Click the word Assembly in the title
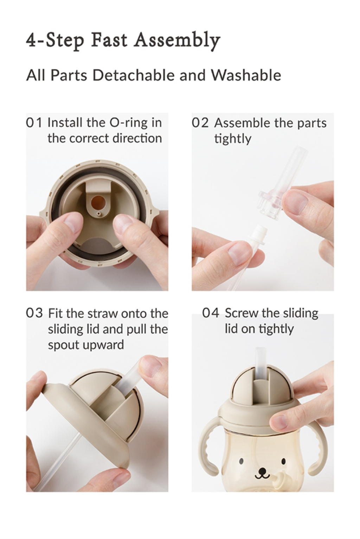tap(178, 41)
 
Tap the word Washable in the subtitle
tap(246, 75)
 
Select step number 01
tap(34, 123)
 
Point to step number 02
tap(200, 123)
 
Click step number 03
tap(34, 313)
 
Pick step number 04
tap(211, 313)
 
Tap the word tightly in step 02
tap(233, 139)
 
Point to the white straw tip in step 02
tap(258, 235)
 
